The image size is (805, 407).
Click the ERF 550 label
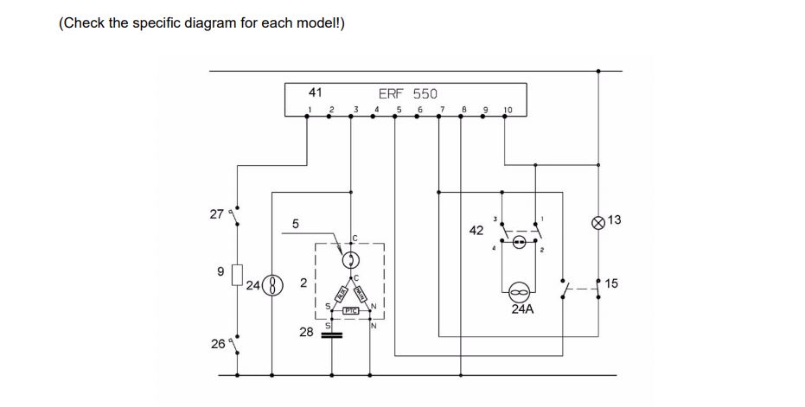pos(408,92)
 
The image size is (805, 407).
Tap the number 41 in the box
pos(315,92)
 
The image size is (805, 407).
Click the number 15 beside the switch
pos(612,283)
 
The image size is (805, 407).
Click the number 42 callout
pos(476,231)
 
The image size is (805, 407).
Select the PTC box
pos(351,309)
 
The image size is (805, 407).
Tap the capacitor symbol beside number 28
pos(331,334)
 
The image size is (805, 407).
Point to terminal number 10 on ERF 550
pos(508,110)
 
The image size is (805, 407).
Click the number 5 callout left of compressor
pos(296,224)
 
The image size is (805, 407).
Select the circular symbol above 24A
pos(521,289)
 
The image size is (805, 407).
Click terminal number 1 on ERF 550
pos(310,109)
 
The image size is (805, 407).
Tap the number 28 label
pos(306,332)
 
